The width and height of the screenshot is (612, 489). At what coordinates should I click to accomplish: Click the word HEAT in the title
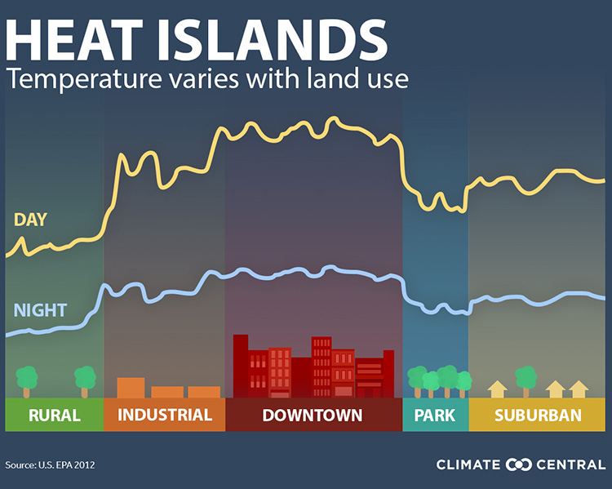[73, 40]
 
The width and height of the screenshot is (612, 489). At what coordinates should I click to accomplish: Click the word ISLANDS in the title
[273, 40]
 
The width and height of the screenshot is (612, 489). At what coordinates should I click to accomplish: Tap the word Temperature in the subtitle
[84, 79]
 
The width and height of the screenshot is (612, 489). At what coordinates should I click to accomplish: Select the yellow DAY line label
[30, 220]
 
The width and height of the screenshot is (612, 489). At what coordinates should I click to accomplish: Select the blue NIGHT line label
[40, 310]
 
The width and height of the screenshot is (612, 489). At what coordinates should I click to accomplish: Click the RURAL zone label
[54, 416]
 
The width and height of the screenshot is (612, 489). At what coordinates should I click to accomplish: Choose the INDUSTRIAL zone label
[165, 415]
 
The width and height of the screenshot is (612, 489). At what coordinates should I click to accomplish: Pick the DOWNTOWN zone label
[313, 416]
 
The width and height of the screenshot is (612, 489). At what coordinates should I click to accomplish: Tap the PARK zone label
[435, 416]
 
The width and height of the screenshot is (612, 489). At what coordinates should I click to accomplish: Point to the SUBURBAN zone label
[538, 416]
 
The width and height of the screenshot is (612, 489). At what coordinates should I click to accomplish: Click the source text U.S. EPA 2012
[66, 465]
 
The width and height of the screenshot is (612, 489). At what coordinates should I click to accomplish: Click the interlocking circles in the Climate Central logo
[518, 465]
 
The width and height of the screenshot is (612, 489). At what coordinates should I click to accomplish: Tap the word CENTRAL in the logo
[570, 465]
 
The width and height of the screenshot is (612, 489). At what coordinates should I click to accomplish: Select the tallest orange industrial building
[131, 388]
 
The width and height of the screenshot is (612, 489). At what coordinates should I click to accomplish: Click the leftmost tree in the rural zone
[27, 381]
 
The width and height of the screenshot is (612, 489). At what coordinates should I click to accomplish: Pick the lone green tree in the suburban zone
[526, 381]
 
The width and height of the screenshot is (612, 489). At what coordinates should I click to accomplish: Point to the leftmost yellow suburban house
[497, 389]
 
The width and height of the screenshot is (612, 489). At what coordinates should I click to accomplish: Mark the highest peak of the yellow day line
[333, 118]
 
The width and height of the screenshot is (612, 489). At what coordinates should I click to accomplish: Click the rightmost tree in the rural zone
[85, 381]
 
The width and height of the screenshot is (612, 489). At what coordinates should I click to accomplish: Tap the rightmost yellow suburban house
[579, 389]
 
